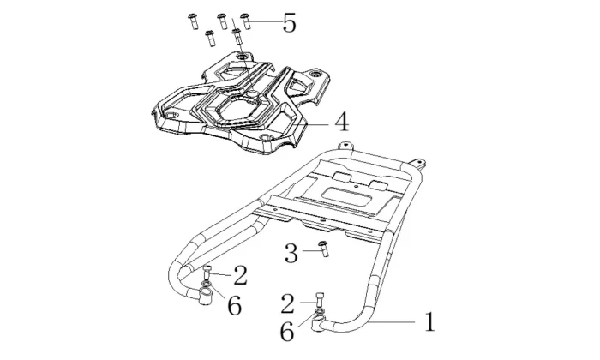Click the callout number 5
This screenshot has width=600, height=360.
click(x=289, y=22)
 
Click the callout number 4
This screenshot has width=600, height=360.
click(x=340, y=122)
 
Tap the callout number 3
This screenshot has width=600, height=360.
click(x=291, y=253)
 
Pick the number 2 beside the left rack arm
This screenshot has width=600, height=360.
click(x=240, y=275)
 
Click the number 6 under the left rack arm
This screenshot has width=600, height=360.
click(x=234, y=305)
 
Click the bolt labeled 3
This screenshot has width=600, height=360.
click(x=323, y=249)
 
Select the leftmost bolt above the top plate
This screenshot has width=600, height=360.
click(x=192, y=22)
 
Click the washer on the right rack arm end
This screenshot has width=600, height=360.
click(x=319, y=316)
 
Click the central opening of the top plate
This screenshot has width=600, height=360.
click(x=244, y=107)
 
